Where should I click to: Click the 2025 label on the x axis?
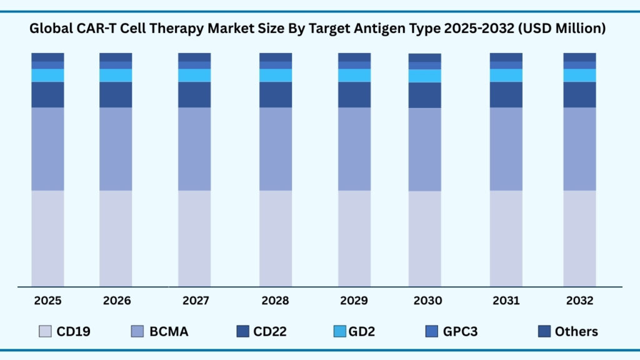point(47,301)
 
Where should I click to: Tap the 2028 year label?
point(276,301)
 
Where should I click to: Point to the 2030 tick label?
point(427,301)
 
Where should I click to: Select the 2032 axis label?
point(579,301)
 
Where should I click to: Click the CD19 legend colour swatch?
point(45,331)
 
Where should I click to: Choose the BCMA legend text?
point(169,331)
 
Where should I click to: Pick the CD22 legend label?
point(270,331)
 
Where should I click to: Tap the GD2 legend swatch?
point(339,331)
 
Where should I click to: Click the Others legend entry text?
point(576,331)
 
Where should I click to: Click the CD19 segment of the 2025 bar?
point(47,238)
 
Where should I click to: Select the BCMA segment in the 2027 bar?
point(194,149)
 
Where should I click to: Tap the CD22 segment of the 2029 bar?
point(354,94)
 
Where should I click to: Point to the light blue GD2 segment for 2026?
point(116,75)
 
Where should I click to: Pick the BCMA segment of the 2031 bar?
point(506,149)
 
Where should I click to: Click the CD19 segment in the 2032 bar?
point(579,238)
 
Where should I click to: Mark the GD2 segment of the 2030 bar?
point(425,76)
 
